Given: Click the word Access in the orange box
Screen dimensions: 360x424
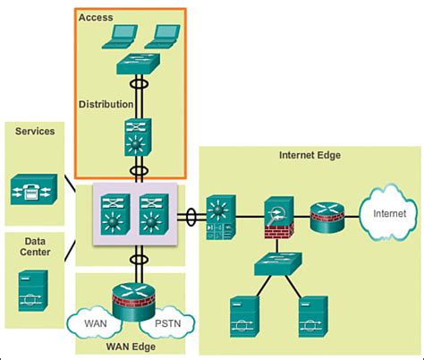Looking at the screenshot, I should [x=96, y=17].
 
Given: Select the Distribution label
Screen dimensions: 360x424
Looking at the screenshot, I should [x=107, y=104].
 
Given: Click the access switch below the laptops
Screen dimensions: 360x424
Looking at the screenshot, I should [x=140, y=65].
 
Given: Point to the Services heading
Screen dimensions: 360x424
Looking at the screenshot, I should [x=35, y=131].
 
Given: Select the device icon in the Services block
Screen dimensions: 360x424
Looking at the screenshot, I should [x=33, y=189].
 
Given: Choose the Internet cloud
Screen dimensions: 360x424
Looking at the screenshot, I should [x=387, y=214].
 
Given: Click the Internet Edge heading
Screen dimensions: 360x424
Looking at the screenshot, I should [x=310, y=155].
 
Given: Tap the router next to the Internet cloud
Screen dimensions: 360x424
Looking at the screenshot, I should [x=326, y=216].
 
